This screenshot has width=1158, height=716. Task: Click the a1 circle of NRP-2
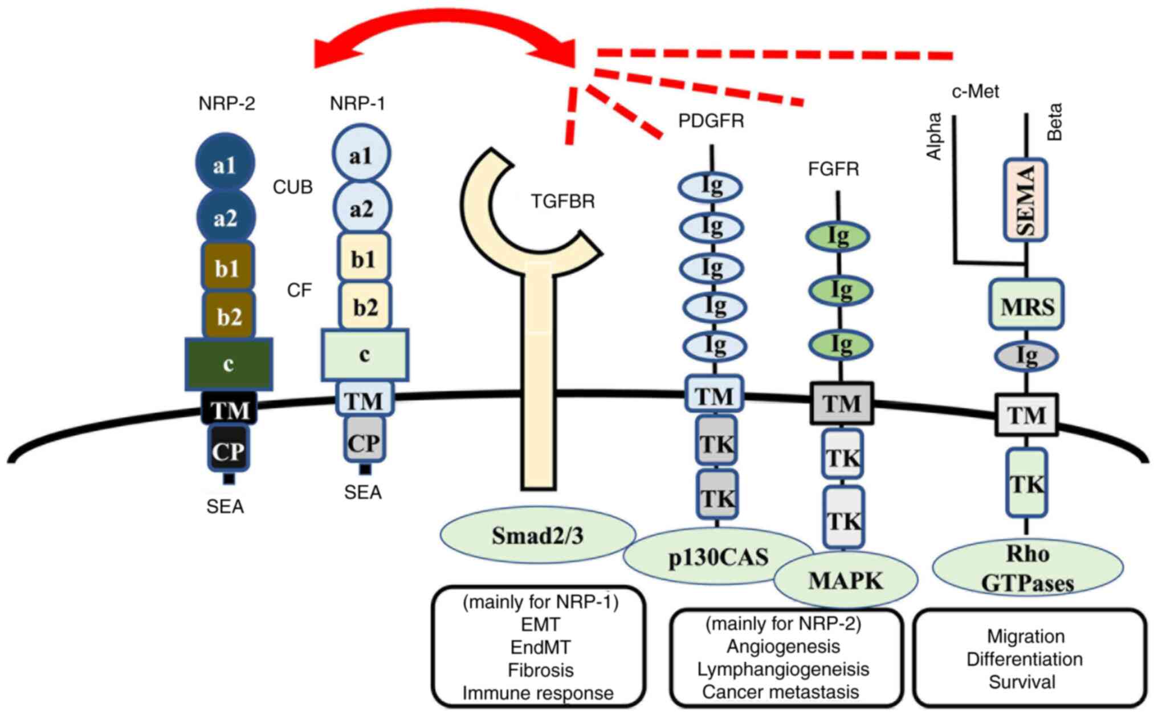(225, 164)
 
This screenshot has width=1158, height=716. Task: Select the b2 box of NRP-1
(365, 307)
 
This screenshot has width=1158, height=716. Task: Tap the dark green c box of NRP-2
(229, 364)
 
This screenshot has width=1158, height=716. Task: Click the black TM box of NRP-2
(229, 409)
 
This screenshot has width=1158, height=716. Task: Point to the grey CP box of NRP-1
(364, 442)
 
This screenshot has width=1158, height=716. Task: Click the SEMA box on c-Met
(1026, 200)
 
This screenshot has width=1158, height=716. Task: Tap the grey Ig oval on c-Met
(1026, 356)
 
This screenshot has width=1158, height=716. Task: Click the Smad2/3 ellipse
(537, 535)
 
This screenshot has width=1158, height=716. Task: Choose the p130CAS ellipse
(717, 557)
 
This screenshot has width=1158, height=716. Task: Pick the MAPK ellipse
(846, 580)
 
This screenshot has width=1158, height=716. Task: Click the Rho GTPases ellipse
(1027, 568)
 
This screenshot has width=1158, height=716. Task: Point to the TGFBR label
(562, 201)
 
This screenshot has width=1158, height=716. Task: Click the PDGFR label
(711, 121)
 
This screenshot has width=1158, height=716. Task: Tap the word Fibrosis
(540, 670)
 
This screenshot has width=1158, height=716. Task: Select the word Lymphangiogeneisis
(783, 669)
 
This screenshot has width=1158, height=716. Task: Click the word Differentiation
(1024, 659)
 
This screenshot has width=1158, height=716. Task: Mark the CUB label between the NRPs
(292, 187)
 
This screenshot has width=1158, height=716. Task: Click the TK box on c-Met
(1027, 483)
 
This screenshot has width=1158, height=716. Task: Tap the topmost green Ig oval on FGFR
(838, 235)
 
